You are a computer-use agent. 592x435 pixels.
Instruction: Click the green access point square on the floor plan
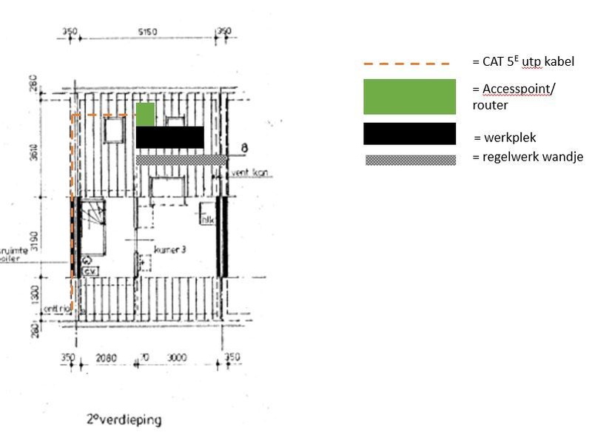[x=145, y=114]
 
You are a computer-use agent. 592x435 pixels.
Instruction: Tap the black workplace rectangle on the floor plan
[x=169, y=137]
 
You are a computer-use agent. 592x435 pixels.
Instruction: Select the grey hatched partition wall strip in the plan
[x=181, y=160]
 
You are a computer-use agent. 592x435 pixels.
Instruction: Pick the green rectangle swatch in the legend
[x=409, y=97]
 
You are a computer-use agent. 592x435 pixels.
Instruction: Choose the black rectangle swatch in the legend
[x=409, y=134]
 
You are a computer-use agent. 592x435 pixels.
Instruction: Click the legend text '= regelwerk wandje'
[x=528, y=157]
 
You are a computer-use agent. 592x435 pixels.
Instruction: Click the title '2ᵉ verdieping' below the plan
[x=124, y=419]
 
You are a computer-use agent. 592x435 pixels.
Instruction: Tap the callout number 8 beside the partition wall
[x=243, y=150]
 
